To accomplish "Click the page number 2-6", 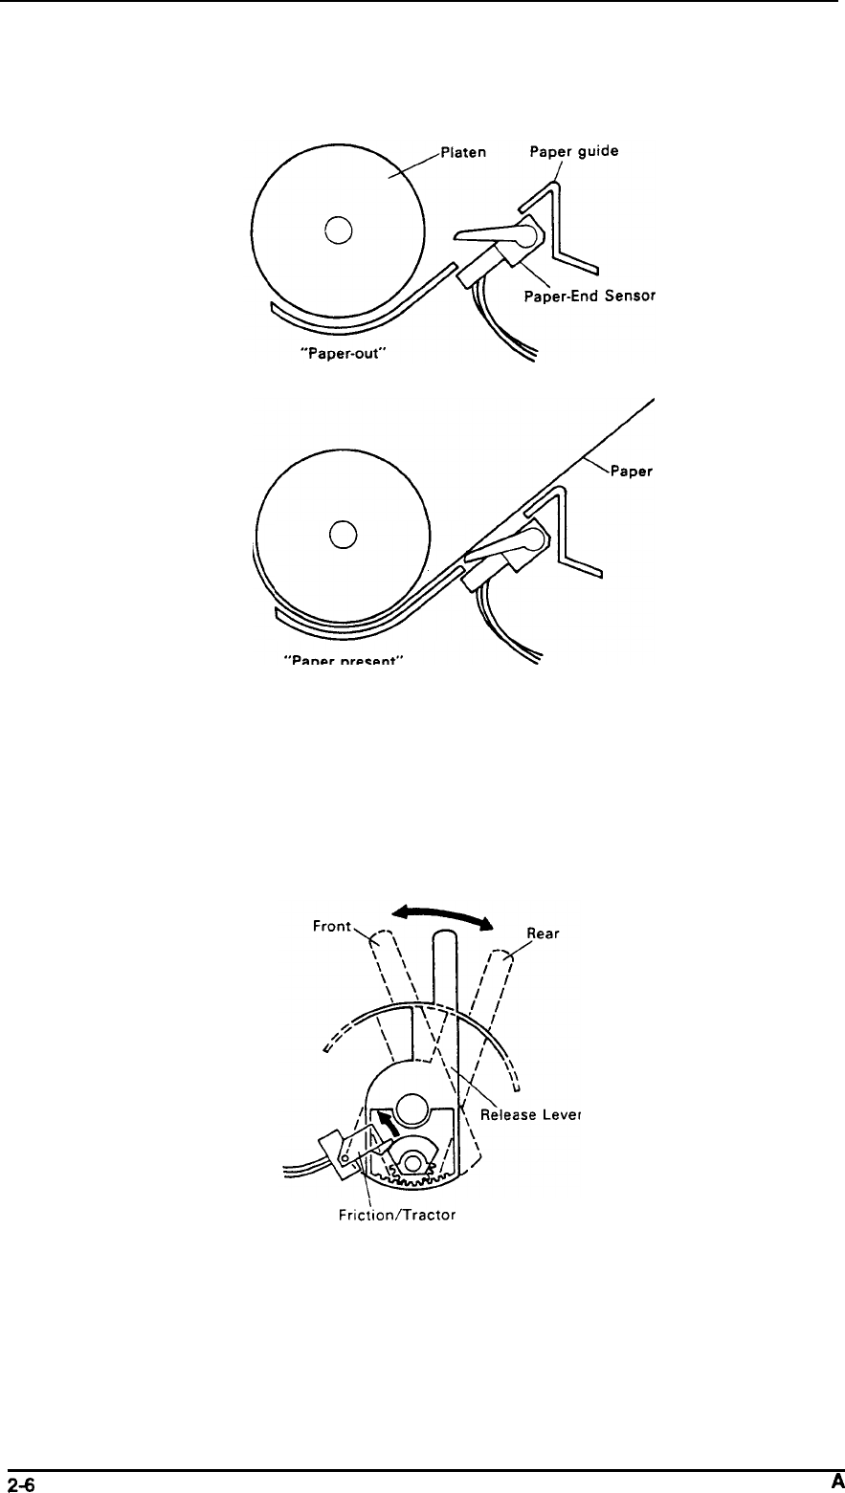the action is pyautogui.click(x=21, y=1482).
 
